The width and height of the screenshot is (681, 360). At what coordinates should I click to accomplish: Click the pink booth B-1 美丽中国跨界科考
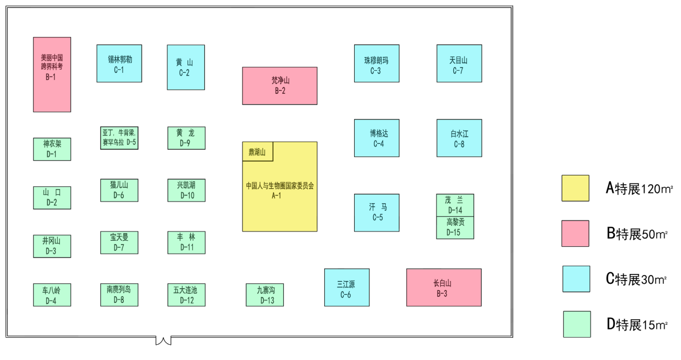click(x=52, y=75)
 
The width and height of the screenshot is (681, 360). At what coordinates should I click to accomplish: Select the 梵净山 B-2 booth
click(x=279, y=86)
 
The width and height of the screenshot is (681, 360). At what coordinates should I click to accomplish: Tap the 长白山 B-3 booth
click(x=443, y=287)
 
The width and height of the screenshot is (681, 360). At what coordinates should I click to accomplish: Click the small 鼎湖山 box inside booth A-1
click(x=257, y=152)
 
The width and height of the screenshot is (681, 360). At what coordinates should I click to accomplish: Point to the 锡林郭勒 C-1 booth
click(x=119, y=63)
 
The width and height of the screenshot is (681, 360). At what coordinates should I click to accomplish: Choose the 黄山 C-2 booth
click(x=186, y=67)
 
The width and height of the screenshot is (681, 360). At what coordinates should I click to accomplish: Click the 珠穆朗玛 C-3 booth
click(x=376, y=63)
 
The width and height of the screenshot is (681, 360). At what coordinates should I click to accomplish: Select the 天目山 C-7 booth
click(x=459, y=63)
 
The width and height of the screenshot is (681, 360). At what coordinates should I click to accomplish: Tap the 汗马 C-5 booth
click(x=376, y=212)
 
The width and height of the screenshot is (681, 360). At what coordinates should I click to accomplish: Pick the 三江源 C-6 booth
click(x=346, y=287)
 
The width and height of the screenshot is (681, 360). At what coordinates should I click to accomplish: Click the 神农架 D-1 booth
click(x=52, y=149)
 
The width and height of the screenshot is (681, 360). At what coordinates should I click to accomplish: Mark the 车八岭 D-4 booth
click(x=52, y=295)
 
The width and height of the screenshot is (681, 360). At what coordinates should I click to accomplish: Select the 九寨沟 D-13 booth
click(x=264, y=295)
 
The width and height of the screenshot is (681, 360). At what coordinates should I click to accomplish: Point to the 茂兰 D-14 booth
click(x=455, y=205)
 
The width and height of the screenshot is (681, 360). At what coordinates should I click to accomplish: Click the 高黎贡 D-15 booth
click(x=455, y=228)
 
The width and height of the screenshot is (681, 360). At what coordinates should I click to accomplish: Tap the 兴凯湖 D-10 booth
click(x=186, y=190)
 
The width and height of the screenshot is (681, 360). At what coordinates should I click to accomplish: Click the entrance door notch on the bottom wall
click(x=163, y=340)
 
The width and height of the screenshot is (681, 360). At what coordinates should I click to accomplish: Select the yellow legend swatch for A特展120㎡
click(x=575, y=188)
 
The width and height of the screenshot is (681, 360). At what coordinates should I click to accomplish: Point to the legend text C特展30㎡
click(x=636, y=279)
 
